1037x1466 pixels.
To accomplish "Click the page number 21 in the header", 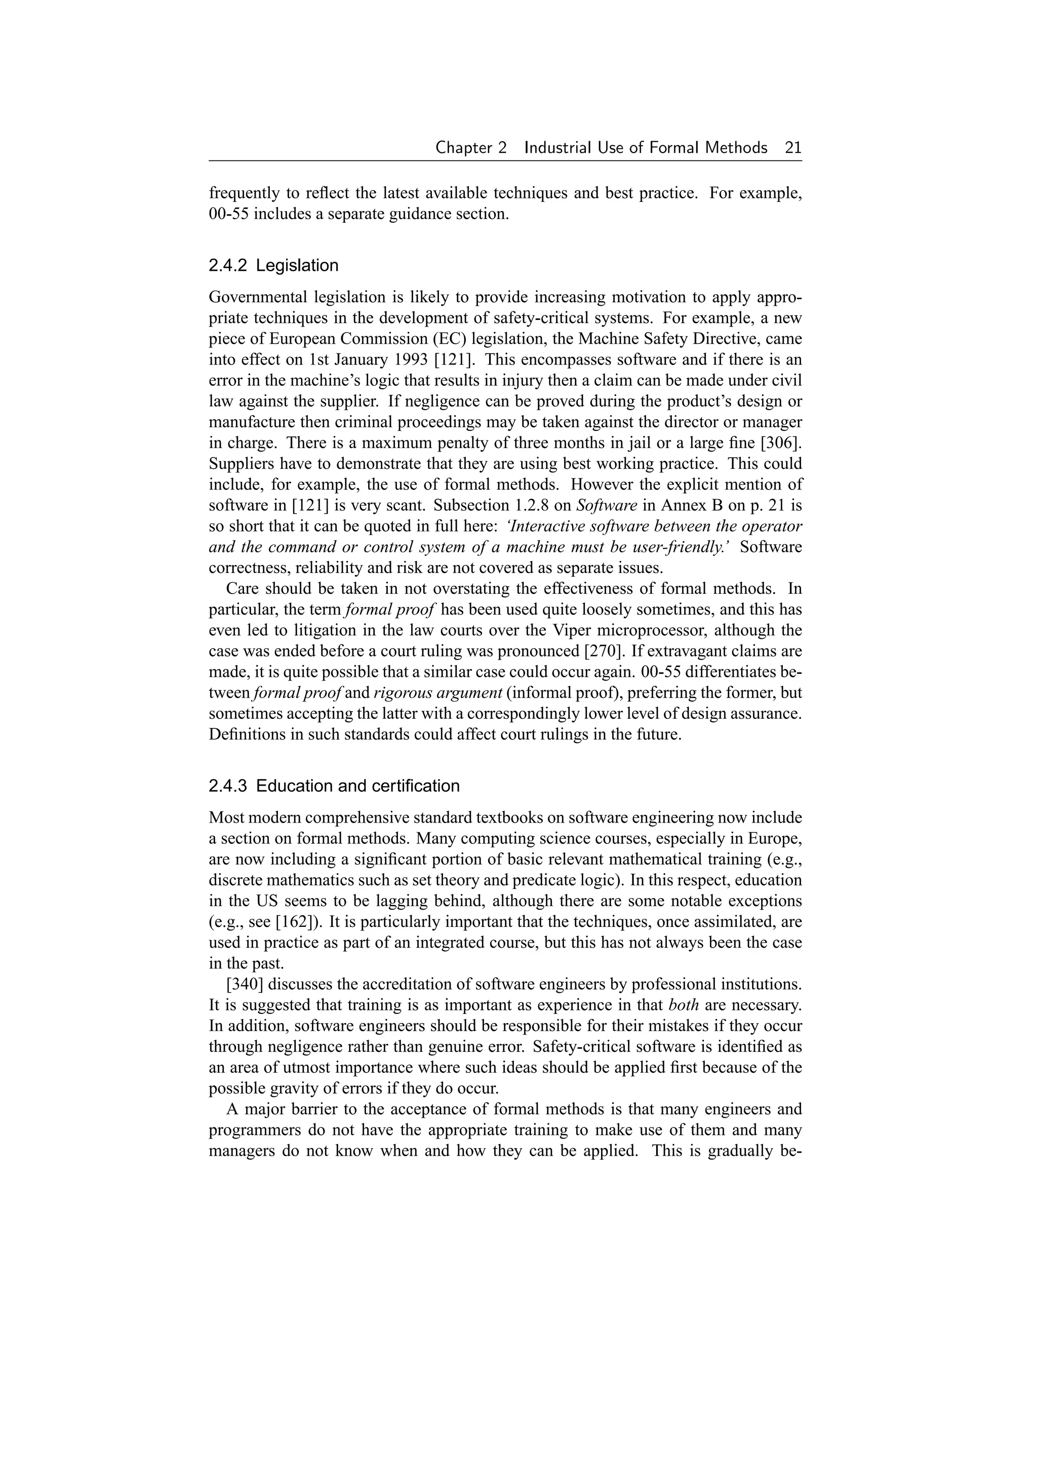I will [792, 148].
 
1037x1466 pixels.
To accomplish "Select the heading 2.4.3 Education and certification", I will [334, 786].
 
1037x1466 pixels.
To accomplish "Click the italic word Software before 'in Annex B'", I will [607, 506].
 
